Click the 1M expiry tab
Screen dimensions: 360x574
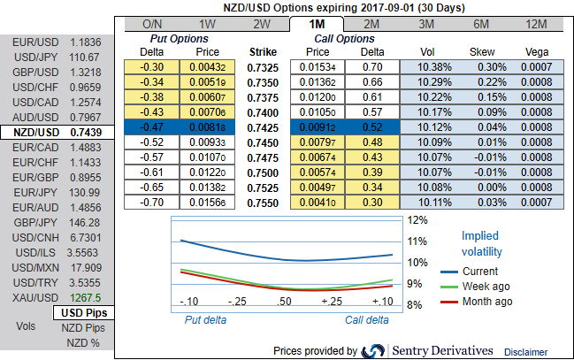(317, 25)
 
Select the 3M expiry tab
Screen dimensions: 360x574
(425, 25)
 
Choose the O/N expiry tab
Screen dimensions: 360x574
(152, 25)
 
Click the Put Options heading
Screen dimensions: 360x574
(181, 39)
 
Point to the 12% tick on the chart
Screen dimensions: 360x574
(417, 219)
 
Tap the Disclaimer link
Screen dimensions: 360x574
(528, 351)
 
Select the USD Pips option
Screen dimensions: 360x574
(84, 313)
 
